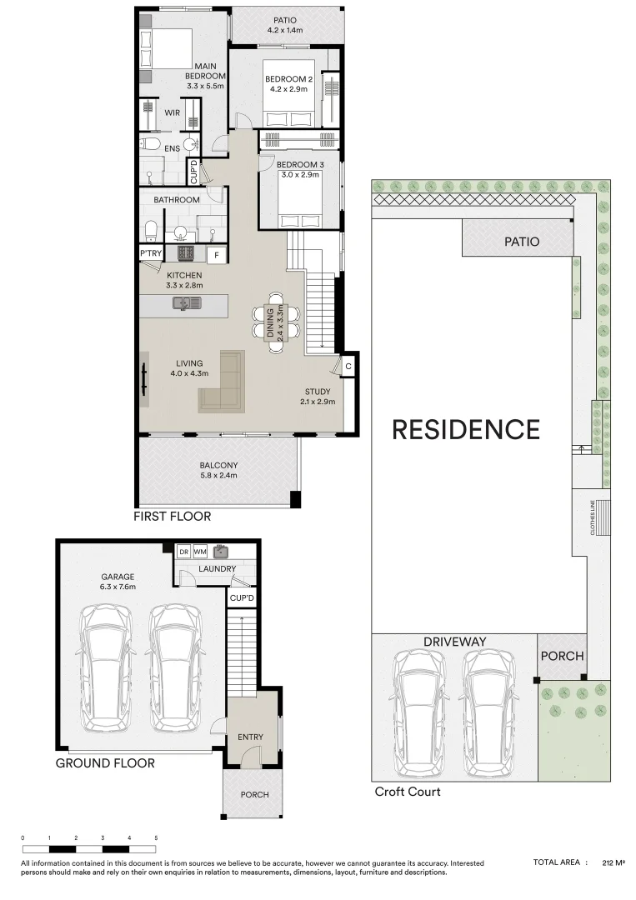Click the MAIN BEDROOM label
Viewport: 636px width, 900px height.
tap(206, 71)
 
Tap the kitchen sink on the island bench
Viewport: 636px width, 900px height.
tap(187, 302)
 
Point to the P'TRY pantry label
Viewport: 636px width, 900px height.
tap(151, 253)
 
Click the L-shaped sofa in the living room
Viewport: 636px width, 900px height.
tap(223, 383)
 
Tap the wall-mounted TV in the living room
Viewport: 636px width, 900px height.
tap(144, 380)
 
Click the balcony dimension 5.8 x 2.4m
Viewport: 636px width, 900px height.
tap(218, 475)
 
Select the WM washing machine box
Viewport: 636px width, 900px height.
tap(200, 552)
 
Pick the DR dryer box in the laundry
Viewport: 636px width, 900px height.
tap(183, 552)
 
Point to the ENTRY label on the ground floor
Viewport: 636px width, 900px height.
tap(250, 737)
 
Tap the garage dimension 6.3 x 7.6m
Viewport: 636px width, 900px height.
tap(118, 587)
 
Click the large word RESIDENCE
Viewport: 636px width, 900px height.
tap(465, 430)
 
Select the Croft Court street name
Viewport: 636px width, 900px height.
tap(408, 792)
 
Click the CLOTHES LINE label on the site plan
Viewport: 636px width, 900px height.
tap(593, 517)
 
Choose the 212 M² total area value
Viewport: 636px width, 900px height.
tap(613, 862)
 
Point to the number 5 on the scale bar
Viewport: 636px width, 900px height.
tap(156, 838)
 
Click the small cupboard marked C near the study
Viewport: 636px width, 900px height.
tap(348, 366)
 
